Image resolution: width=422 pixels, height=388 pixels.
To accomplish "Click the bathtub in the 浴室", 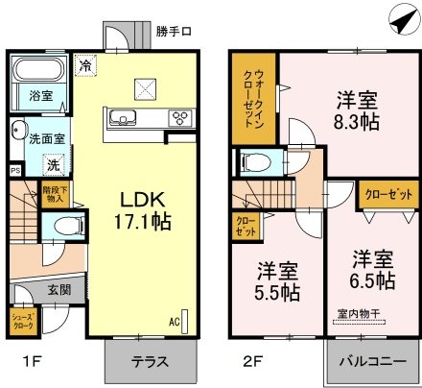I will click(x=35, y=73).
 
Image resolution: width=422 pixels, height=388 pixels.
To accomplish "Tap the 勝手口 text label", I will click(x=174, y=32).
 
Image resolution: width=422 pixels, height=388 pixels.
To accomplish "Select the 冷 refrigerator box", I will click(x=86, y=67).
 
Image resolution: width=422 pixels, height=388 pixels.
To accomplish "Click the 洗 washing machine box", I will click(x=55, y=164).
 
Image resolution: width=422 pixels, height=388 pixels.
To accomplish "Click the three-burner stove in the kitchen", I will click(x=180, y=119).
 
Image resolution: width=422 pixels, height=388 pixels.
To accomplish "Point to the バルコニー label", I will click(x=375, y=364).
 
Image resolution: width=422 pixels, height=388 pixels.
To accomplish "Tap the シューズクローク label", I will click(x=24, y=322).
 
